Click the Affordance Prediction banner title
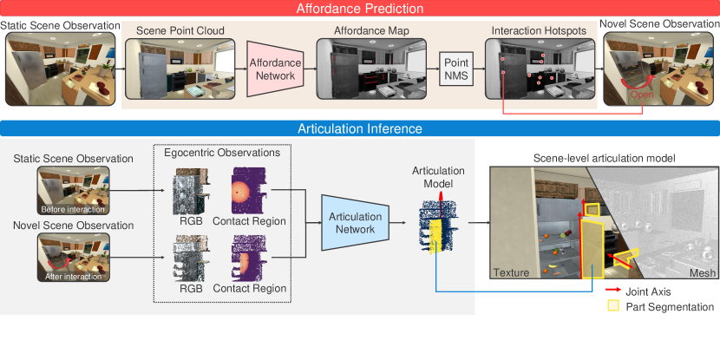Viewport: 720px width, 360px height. tap(360, 9)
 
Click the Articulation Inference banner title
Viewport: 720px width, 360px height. tap(359, 129)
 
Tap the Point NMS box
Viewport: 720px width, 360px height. tap(455, 70)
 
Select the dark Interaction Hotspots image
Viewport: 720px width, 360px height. tap(538, 72)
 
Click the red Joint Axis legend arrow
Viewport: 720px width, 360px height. tap(612, 291)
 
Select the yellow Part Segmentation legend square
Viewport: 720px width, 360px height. tap(612, 306)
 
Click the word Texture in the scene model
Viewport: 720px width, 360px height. tap(511, 273)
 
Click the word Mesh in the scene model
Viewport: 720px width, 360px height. tap(694, 273)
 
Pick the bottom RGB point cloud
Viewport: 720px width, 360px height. tap(188, 258)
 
